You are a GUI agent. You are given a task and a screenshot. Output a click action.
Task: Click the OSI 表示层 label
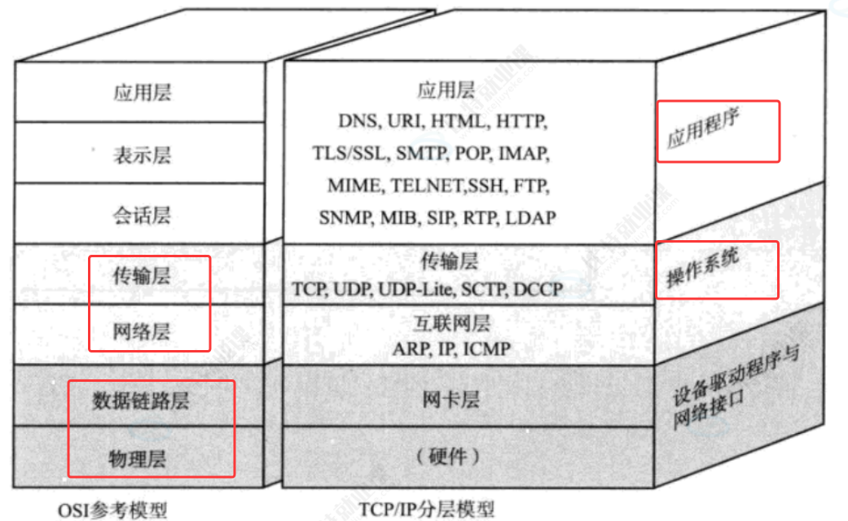tap(143, 155)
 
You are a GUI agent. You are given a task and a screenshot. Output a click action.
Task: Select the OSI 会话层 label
tap(143, 216)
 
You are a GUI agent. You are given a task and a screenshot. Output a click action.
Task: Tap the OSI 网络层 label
tap(143, 332)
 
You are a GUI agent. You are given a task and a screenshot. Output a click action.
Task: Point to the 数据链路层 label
tap(142, 401)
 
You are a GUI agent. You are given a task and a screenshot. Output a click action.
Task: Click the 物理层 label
tap(138, 459)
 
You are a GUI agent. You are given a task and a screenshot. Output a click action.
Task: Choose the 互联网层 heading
tap(453, 324)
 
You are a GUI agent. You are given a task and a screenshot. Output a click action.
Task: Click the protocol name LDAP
tap(530, 218)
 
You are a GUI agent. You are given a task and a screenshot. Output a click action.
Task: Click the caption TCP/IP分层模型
tap(426, 510)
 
